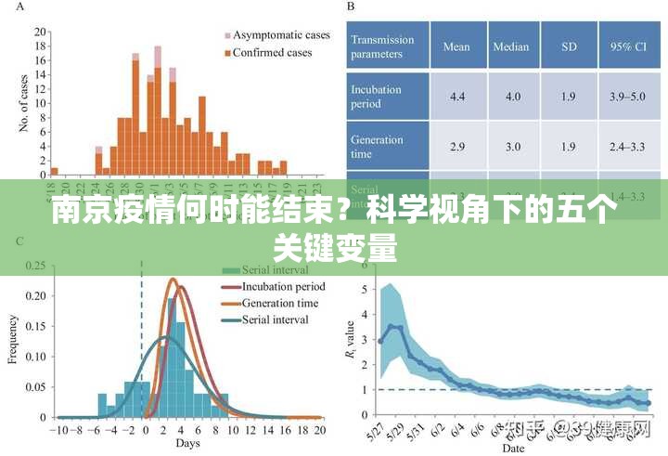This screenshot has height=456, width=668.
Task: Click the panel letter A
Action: [21, 7]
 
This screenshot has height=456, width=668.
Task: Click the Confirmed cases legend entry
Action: [271, 52]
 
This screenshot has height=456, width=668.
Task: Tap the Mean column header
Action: [456, 46]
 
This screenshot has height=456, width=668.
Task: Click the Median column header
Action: [511, 46]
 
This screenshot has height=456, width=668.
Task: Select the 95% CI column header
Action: [628, 46]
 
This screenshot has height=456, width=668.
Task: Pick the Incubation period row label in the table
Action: [378, 97]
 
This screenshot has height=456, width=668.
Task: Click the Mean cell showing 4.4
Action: [456, 97]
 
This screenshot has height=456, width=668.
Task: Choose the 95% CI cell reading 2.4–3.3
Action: [628, 147]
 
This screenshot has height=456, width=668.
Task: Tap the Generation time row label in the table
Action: [378, 147]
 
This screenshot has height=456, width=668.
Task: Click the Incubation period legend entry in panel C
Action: [282, 287]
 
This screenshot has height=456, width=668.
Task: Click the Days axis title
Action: [188, 444]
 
